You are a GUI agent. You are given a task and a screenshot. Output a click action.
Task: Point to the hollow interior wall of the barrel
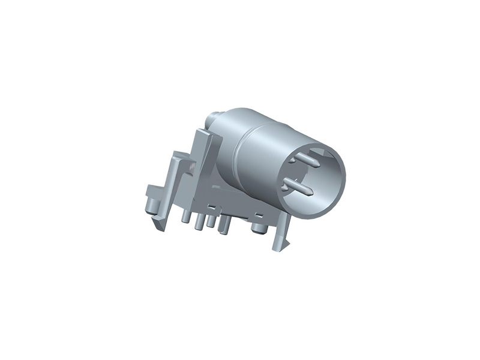327,174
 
